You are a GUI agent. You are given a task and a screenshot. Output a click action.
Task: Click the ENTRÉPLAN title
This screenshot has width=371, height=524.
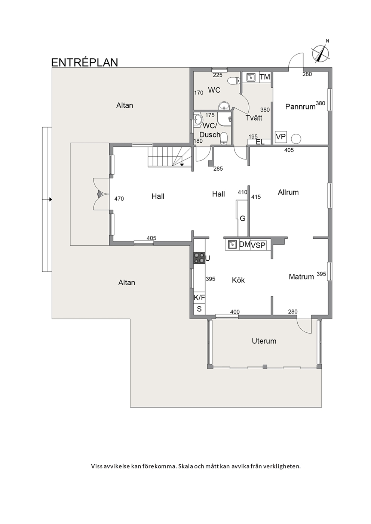pos(85,62)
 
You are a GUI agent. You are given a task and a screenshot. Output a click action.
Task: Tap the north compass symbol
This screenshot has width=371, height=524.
pos(320,52)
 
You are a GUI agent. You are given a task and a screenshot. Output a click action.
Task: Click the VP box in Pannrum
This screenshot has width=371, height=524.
pos(281,137)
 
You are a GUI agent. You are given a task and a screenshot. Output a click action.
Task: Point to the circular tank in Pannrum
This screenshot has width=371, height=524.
pos(296,138)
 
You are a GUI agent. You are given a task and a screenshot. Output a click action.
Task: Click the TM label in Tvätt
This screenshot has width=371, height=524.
pos(265,77)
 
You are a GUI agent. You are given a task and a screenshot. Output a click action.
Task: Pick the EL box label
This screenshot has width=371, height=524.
pos(260,142)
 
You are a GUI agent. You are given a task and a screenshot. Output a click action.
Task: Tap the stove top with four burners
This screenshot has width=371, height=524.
pos(199,258)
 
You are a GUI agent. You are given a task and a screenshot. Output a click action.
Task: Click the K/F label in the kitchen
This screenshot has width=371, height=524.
pos(199,298)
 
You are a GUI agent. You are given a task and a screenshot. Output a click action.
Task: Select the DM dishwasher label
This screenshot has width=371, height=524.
pos(245,245)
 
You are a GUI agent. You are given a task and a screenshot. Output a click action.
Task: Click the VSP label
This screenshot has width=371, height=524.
pos(258,245)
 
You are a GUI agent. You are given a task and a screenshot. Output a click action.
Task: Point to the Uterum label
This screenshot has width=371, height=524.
pos(264,341)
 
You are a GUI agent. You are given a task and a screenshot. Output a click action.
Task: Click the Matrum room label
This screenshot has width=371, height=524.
pos(301,277)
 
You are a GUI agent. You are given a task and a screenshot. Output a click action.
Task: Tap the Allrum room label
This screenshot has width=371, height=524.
pos(288,192)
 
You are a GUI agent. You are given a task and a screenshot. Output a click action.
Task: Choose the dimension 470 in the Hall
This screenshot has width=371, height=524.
pos(119,199)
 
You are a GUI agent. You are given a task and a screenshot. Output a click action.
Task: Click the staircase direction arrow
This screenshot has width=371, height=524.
pos(182,164)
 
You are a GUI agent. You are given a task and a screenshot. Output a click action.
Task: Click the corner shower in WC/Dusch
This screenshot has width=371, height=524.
pos(224,119)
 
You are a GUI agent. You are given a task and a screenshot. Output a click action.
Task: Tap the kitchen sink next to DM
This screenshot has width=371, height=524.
pos(232,245)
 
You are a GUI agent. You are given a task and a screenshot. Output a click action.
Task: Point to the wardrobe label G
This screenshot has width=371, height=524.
pos(242,218)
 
